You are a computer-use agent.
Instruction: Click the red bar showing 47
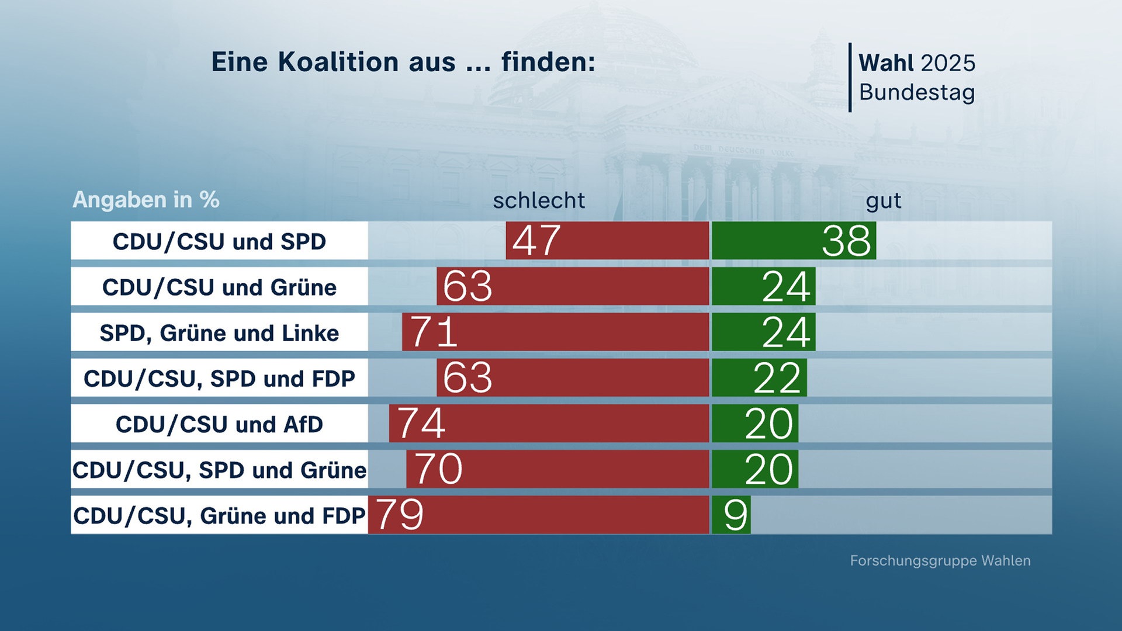[x=608, y=240]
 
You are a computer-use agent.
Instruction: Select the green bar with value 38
[x=794, y=240]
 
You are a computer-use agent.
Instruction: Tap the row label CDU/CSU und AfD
[x=219, y=424]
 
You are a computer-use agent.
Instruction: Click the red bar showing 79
[x=539, y=515]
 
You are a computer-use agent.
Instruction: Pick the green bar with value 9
[x=731, y=515]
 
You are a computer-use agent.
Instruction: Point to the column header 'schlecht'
[x=539, y=200]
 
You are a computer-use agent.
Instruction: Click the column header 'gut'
[x=883, y=200]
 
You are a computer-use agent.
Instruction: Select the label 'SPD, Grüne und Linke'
[x=219, y=333]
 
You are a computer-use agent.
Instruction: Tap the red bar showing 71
[x=555, y=332]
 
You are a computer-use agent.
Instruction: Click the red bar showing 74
[x=549, y=423]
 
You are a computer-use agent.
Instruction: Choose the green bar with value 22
[x=759, y=377]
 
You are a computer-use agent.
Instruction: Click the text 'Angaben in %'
[x=146, y=200]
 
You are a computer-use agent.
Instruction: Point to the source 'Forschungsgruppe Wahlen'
[x=940, y=561]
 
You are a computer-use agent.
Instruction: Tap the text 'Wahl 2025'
[x=916, y=63]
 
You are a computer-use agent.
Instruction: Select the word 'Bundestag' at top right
[x=916, y=92]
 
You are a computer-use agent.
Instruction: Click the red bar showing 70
[x=558, y=469]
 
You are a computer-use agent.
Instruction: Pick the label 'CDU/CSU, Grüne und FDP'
[x=219, y=515]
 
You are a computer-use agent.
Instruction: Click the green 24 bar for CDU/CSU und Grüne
[x=763, y=286]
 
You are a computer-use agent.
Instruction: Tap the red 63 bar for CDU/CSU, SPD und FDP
[x=573, y=377]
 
